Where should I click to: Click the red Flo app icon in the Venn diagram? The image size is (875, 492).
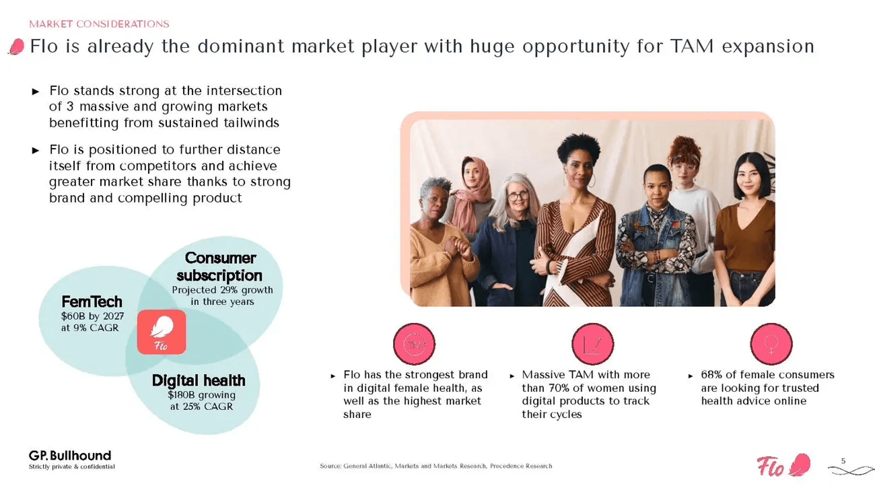click(x=162, y=332)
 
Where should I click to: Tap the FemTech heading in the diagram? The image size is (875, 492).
click(x=92, y=301)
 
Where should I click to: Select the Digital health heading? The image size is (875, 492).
click(x=198, y=380)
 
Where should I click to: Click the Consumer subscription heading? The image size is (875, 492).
click(x=219, y=267)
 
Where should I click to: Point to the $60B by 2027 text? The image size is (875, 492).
click(x=92, y=316)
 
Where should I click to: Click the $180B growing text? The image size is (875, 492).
click(x=201, y=395)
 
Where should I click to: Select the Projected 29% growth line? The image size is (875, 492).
click(x=222, y=290)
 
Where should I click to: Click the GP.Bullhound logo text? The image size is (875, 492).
click(x=69, y=456)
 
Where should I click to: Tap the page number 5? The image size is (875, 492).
click(x=843, y=460)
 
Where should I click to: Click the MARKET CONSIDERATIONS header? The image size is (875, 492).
click(x=99, y=24)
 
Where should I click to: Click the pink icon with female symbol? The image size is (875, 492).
click(x=771, y=344)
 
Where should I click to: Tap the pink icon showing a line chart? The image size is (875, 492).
click(x=592, y=344)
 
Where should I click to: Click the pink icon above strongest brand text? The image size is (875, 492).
click(x=414, y=344)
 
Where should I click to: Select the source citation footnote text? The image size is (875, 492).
click(x=435, y=466)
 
